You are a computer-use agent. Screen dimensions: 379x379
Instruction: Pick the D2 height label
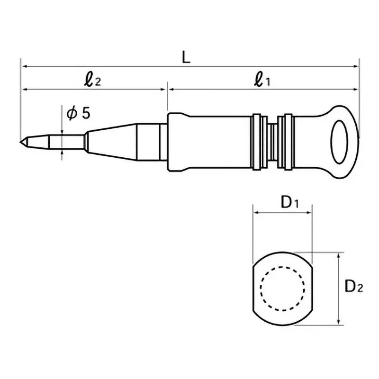click(353, 287)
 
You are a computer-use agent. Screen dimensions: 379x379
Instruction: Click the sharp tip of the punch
click(22, 141)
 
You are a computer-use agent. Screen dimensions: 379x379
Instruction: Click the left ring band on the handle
click(258, 141)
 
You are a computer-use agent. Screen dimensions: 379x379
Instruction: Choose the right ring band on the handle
click(287, 141)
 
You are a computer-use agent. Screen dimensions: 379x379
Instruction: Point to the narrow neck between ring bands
click(272, 141)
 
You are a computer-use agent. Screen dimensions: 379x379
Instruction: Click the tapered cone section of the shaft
click(111, 141)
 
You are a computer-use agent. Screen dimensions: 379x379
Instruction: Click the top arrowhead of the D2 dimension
click(338, 255)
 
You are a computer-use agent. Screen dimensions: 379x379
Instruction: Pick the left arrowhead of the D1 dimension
click(254, 212)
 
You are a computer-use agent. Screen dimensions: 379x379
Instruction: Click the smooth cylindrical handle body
click(208, 141)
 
